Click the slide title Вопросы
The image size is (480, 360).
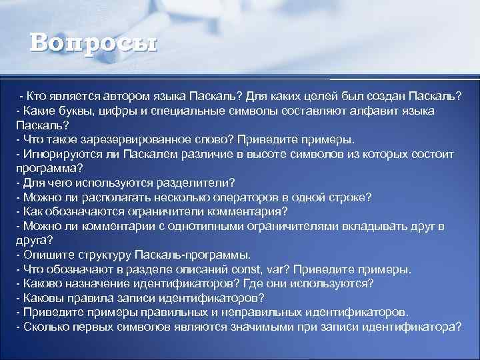(x=93, y=43)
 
